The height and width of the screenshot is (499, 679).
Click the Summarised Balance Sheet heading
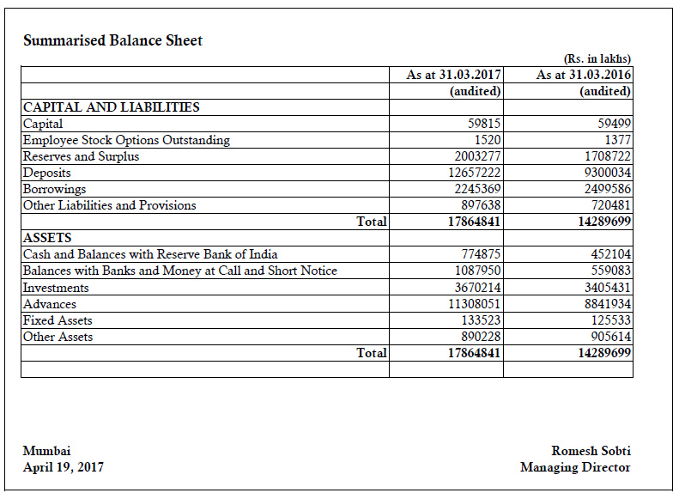pyautogui.click(x=112, y=40)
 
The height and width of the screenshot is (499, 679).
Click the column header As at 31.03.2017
pyautogui.click(x=454, y=75)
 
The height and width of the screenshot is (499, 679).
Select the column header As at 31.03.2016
pyautogui.click(x=584, y=75)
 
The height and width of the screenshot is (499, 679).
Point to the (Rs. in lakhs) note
pyautogui.click(x=597, y=58)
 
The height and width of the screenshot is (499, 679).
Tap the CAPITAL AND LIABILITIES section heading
pyautogui.click(x=111, y=107)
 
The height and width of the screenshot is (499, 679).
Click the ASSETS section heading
pyautogui.click(x=47, y=238)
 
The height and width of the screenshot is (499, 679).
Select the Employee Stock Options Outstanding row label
pyautogui.click(x=126, y=140)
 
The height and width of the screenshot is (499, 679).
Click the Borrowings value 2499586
pyautogui.click(x=605, y=189)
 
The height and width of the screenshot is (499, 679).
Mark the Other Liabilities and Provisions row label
pyautogui.click(x=109, y=205)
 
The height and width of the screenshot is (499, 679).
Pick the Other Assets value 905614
pyautogui.click(x=609, y=337)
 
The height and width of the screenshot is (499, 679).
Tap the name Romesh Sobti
pyautogui.click(x=591, y=451)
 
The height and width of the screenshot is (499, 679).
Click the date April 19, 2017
pyautogui.click(x=64, y=467)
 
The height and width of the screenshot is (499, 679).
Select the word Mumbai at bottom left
pyautogui.click(x=47, y=451)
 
